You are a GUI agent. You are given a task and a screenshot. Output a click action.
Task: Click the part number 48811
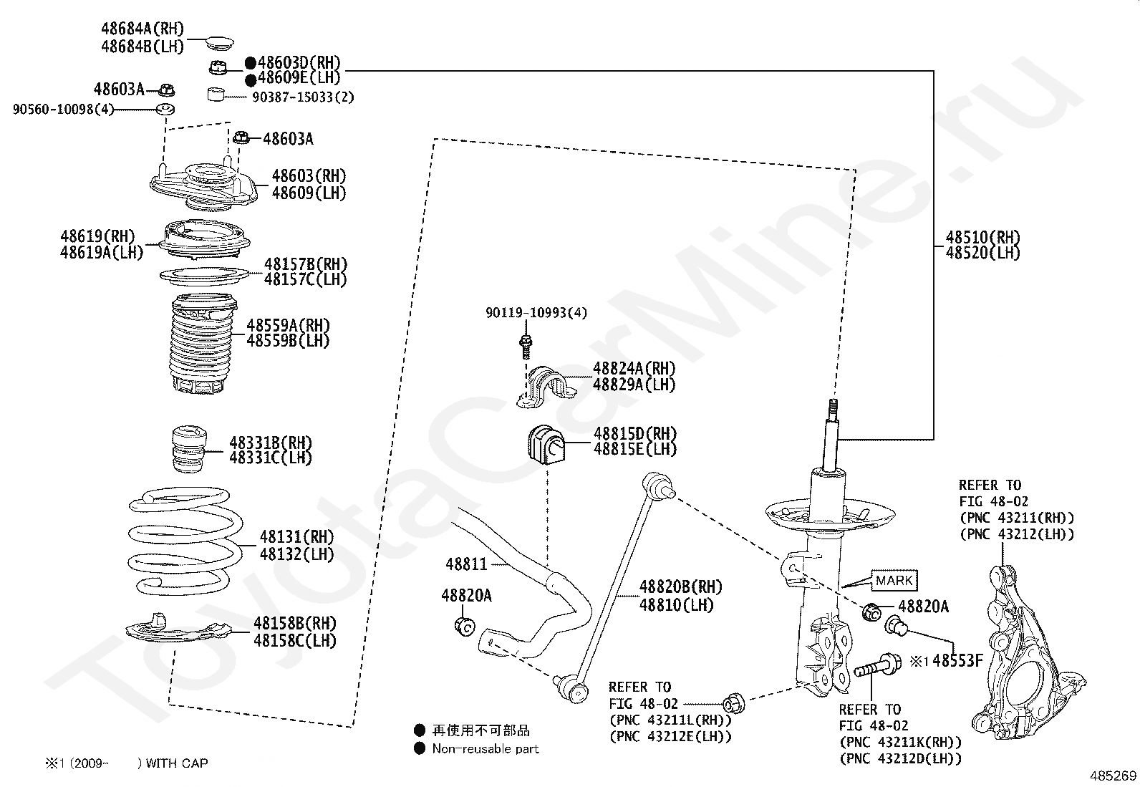pyautogui.click(x=466, y=564)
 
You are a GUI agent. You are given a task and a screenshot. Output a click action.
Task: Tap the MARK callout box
pyautogui.click(x=894, y=580)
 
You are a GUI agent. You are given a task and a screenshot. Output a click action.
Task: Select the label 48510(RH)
pyautogui.click(x=982, y=237)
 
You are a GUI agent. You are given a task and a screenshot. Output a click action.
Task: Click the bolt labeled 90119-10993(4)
pyautogui.click(x=525, y=345)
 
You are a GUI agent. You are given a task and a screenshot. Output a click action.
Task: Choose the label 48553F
pyautogui.click(x=957, y=661)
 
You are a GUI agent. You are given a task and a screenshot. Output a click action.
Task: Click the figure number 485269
pyautogui.click(x=1113, y=776)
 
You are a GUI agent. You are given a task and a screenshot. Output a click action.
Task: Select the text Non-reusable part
pyautogui.click(x=486, y=749)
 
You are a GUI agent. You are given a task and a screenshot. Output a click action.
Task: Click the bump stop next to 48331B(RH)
pyautogui.click(x=190, y=450)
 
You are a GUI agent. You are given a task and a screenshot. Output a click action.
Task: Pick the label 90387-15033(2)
pyautogui.click(x=303, y=97)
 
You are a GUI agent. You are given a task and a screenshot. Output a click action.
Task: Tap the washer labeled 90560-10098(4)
pyautogui.click(x=166, y=110)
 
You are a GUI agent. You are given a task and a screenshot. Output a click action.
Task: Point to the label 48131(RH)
pyautogui.click(x=296, y=536)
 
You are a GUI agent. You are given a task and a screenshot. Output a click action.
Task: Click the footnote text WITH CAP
pyautogui.click(x=176, y=763)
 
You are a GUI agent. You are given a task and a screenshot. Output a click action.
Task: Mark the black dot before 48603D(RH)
pyautogui.click(x=251, y=63)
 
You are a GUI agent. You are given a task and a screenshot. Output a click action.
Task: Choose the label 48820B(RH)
pyautogui.click(x=680, y=587)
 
